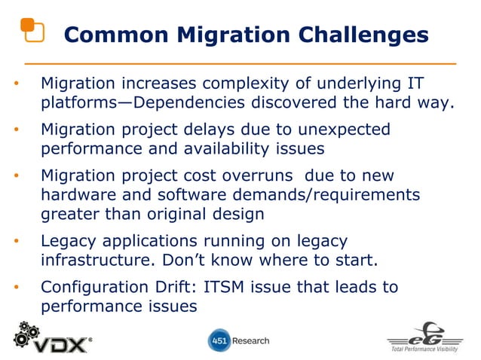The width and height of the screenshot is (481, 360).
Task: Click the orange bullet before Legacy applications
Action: click(x=17, y=242)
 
